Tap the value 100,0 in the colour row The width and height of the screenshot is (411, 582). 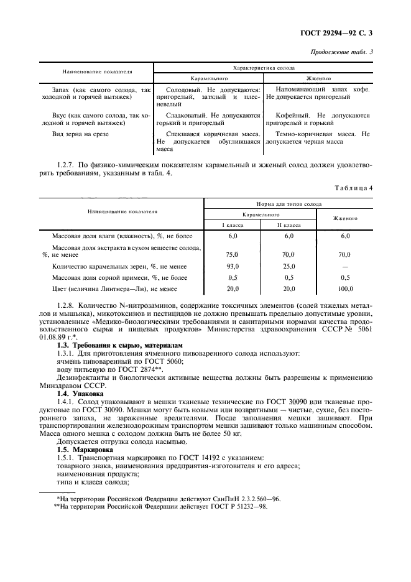click(345, 289)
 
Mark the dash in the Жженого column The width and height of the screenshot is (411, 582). click(345, 266)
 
